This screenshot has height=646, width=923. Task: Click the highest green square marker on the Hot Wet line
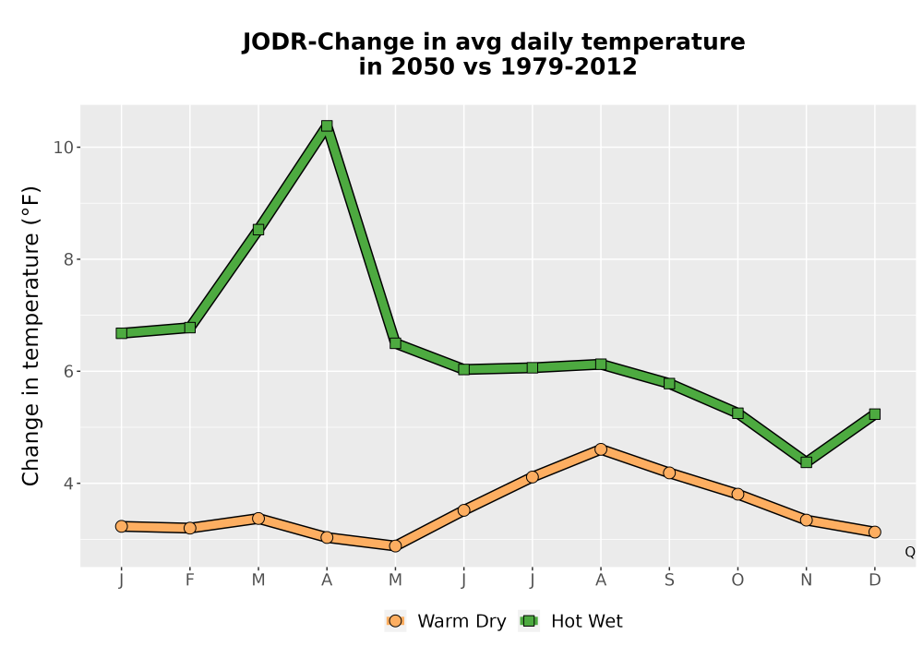pyautogui.click(x=327, y=126)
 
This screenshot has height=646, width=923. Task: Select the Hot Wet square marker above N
pyautogui.click(x=807, y=461)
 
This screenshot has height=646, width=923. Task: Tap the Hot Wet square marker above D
pyautogui.click(x=875, y=414)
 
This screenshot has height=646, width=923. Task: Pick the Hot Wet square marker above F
pyautogui.click(x=189, y=327)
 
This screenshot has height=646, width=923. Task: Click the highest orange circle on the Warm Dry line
pyautogui.click(x=601, y=449)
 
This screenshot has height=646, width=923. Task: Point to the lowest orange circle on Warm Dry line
pyautogui.click(x=395, y=546)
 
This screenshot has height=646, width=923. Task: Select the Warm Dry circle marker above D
pyautogui.click(x=875, y=532)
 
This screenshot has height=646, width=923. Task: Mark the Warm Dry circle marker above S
pyautogui.click(x=669, y=473)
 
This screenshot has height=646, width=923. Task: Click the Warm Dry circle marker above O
pyautogui.click(x=737, y=495)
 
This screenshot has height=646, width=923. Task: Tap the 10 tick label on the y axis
pyautogui.click(x=65, y=148)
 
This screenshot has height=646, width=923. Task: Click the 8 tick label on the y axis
pyautogui.click(x=69, y=259)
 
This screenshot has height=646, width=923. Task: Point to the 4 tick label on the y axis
pyautogui.click(x=69, y=484)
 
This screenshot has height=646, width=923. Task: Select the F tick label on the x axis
pyautogui.click(x=189, y=580)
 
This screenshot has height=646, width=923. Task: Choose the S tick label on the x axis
pyautogui.click(x=669, y=580)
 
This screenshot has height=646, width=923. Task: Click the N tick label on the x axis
pyautogui.click(x=807, y=580)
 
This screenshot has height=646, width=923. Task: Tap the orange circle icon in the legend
pyautogui.click(x=396, y=621)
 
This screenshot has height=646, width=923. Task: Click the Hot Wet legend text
pyautogui.click(x=587, y=621)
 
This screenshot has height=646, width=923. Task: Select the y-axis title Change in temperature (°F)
pyautogui.click(x=30, y=336)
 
